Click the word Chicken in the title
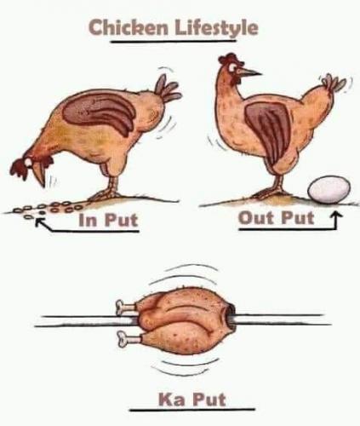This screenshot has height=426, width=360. [x=129, y=27]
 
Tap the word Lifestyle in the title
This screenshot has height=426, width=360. [x=217, y=29]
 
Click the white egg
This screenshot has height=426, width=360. [x=329, y=190]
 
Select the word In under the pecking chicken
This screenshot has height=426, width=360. [x=88, y=220]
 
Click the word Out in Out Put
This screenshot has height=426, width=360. [x=257, y=218]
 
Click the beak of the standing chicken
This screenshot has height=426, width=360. [x=249, y=72]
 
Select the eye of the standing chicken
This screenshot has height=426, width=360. [x=234, y=67]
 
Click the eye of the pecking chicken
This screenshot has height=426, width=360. [x=28, y=163]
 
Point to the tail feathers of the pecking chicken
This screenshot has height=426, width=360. [x=167, y=89]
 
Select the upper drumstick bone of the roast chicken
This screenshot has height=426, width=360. [x=127, y=307]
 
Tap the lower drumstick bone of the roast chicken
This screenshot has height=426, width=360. [x=129, y=338]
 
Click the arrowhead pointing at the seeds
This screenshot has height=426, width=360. [x=40, y=222]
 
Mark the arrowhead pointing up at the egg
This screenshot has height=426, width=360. [x=336, y=216]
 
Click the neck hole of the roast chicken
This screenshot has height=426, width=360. [x=231, y=315]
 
